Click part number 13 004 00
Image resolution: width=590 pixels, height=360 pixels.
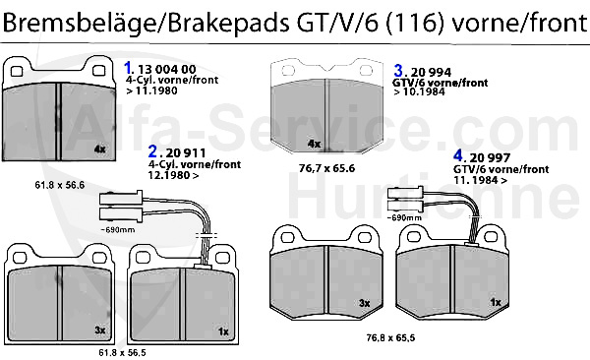tap(167, 69)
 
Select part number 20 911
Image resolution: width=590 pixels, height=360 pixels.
tap(186, 152)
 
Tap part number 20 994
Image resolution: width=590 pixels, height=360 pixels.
tap(431, 73)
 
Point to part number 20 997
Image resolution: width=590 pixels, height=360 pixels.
tap(490, 157)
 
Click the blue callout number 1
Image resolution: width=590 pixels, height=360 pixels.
tap(128, 68)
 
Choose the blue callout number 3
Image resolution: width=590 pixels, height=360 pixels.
tap(398, 71)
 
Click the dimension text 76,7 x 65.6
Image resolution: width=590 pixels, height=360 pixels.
tap(326, 168)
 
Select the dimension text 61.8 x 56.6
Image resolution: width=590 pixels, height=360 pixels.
tap(59, 185)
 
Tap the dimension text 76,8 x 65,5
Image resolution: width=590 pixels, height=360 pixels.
tap(390, 337)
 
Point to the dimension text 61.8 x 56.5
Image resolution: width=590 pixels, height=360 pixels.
tap(122, 353)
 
